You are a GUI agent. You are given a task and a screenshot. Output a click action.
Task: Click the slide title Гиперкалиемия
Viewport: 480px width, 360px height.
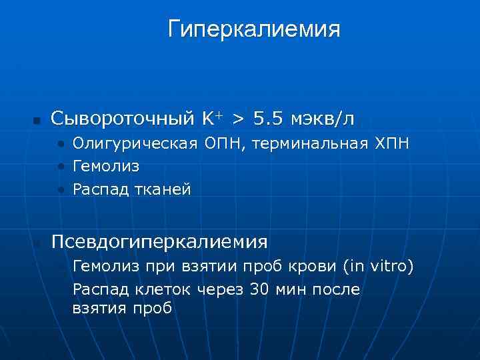(x=254, y=29)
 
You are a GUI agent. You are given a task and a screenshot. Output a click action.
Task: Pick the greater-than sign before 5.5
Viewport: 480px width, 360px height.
(x=238, y=119)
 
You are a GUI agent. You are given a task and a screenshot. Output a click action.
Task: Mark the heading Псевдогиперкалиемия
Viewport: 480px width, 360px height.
(x=159, y=241)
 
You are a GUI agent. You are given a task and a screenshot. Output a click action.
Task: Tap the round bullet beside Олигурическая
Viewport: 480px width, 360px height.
(x=61, y=144)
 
